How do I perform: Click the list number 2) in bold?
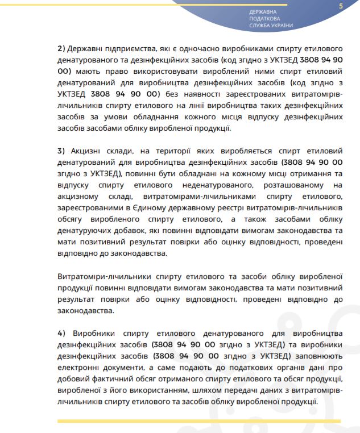click(62, 48)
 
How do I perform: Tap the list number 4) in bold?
click(62, 332)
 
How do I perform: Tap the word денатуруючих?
click(84, 231)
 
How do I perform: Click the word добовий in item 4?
click(76, 379)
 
